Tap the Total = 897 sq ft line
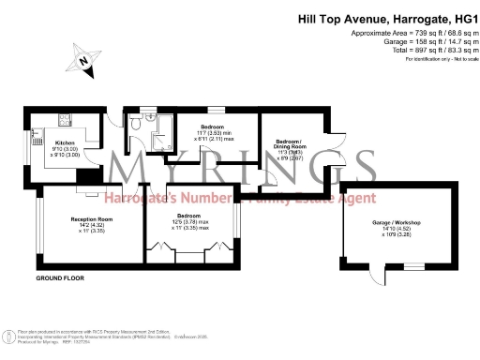point(412,50)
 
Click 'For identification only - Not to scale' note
point(438,59)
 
